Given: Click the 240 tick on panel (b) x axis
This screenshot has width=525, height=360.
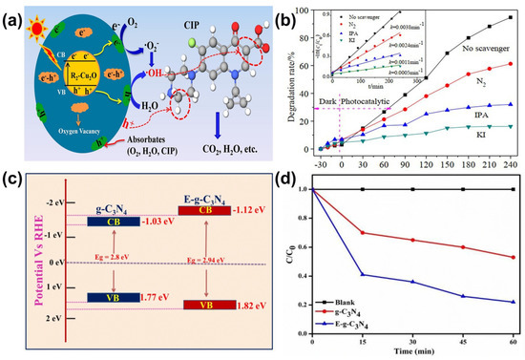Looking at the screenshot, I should pos(509,162).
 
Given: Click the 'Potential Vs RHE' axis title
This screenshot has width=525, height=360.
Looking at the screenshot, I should pos(12,266).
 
